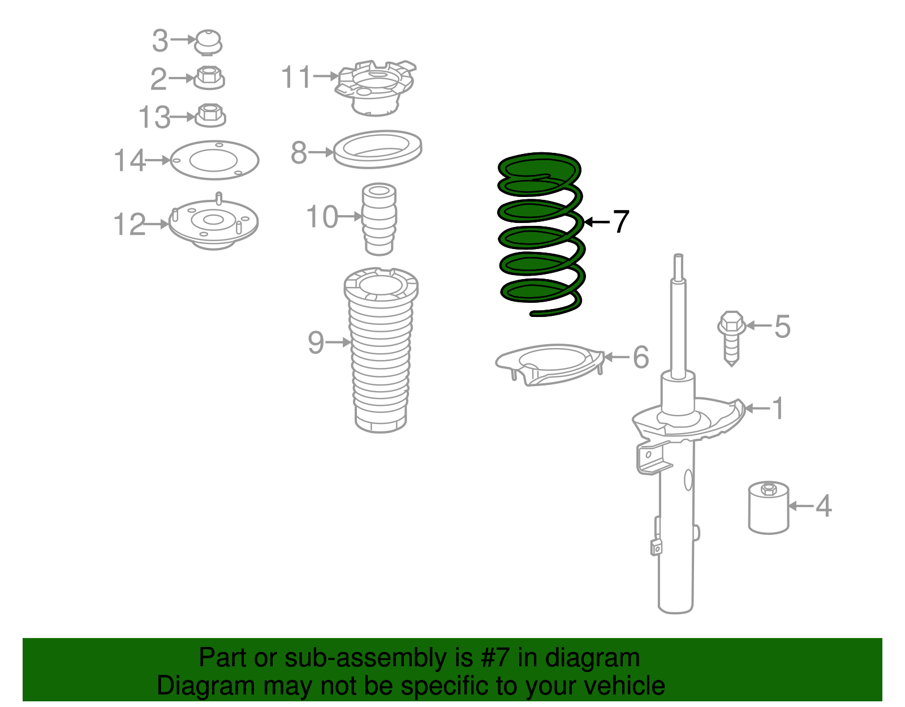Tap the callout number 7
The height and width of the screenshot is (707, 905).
[x=620, y=221]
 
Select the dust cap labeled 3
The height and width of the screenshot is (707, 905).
[x=208, y=42]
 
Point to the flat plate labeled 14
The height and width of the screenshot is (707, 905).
[x=214, y=160]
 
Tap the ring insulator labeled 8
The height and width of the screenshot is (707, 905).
[x=377, y=149]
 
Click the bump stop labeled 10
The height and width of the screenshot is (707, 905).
[x=379, y=219]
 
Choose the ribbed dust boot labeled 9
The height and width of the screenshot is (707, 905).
[x=381, y=351]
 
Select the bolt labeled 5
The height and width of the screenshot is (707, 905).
[x=731, y=337]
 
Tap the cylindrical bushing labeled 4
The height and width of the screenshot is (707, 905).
[x=768, y=507]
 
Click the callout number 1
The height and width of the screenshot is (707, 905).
[x=778, y=408]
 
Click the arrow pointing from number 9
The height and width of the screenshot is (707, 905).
[x=339, y=342]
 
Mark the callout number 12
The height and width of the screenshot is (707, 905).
[x=129, y=225]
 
